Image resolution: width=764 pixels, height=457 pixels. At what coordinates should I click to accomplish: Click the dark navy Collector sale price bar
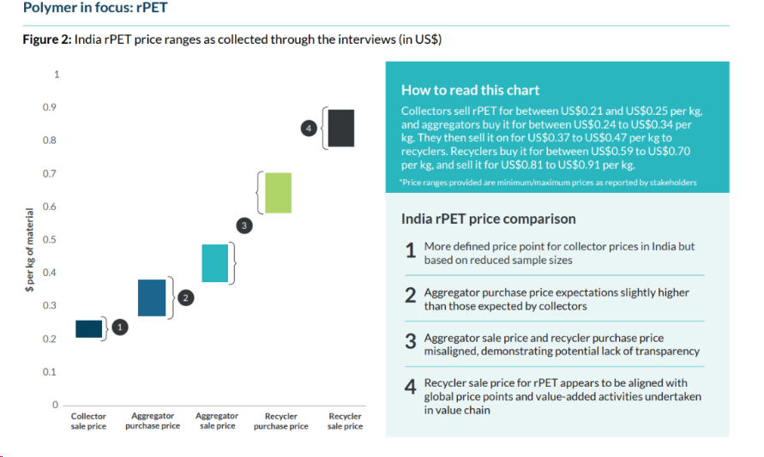point(88,328)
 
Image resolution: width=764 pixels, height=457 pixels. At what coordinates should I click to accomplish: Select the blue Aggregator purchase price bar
point(152,298)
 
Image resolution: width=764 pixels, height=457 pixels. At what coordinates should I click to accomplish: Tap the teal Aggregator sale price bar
point(214,263)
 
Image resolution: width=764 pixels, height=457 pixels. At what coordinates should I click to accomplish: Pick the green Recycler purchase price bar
point(278,193)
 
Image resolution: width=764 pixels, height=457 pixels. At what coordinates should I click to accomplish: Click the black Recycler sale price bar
point(340,128)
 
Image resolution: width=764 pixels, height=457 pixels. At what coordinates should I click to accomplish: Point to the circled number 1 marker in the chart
point(120,327)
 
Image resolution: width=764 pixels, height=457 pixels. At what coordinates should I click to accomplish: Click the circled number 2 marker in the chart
point(187,298)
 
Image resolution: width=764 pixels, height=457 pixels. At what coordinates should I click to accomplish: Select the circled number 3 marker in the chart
point(244,225)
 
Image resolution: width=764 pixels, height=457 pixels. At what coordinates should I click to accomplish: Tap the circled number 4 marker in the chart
point(310,128)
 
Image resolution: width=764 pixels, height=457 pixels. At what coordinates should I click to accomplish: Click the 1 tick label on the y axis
point(57,75)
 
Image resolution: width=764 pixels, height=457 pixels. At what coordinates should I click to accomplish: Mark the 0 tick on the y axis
point(56,405)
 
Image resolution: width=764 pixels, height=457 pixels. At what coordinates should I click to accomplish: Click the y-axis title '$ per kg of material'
point(30,250)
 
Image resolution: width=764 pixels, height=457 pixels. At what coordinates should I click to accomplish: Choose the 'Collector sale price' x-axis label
point(88,421)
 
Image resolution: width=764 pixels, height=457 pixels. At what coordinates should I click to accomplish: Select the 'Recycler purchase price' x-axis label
point(280,421)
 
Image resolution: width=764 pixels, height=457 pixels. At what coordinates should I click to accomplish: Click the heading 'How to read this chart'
point(470,90)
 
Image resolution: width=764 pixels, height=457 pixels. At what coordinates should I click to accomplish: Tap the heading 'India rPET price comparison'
point(489,219)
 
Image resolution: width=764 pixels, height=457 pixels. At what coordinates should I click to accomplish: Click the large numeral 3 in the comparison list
point(411,341)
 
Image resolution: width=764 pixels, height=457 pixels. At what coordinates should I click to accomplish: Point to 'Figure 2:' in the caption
point(46,40)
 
